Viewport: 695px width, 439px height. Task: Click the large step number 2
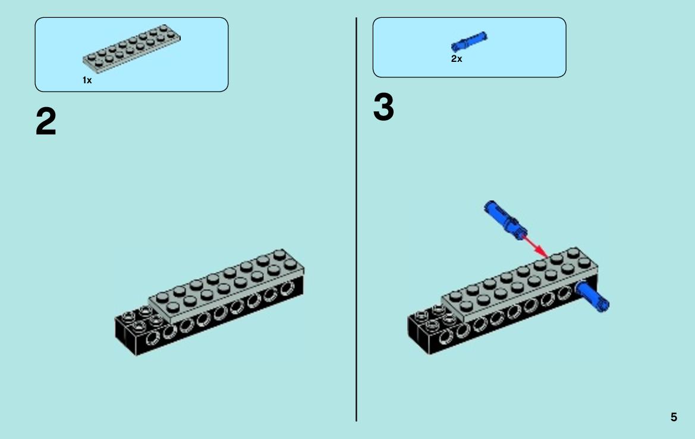[46, 121]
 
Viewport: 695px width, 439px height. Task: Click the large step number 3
[383, 107]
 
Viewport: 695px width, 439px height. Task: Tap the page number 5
[674, 417]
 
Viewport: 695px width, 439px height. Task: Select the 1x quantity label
[87, 80]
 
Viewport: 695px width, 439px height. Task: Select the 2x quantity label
[457, 58]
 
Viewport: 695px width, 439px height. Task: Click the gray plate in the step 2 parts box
[131, 48]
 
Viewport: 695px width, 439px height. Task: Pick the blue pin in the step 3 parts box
[469, 41]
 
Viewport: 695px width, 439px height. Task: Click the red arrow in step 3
[536, 246]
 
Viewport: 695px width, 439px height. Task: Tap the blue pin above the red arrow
[506, 220]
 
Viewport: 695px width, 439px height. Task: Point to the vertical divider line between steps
[356, 219]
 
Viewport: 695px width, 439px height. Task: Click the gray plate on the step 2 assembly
[226, 287]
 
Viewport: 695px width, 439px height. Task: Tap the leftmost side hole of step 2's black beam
[152, 338]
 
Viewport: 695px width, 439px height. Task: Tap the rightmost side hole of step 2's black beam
[287, 289]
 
